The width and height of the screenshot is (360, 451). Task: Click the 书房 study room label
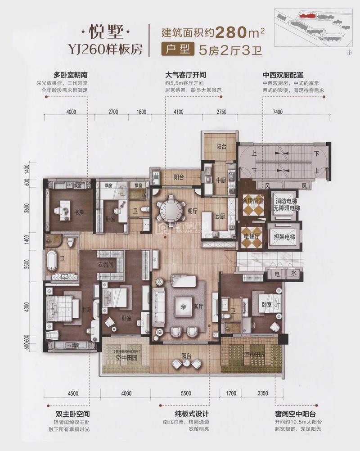(79, 213)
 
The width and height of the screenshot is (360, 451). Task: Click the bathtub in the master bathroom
(53, 261)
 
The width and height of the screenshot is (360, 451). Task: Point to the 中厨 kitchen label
(220, 182)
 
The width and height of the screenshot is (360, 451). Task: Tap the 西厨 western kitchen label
(220, 216)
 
